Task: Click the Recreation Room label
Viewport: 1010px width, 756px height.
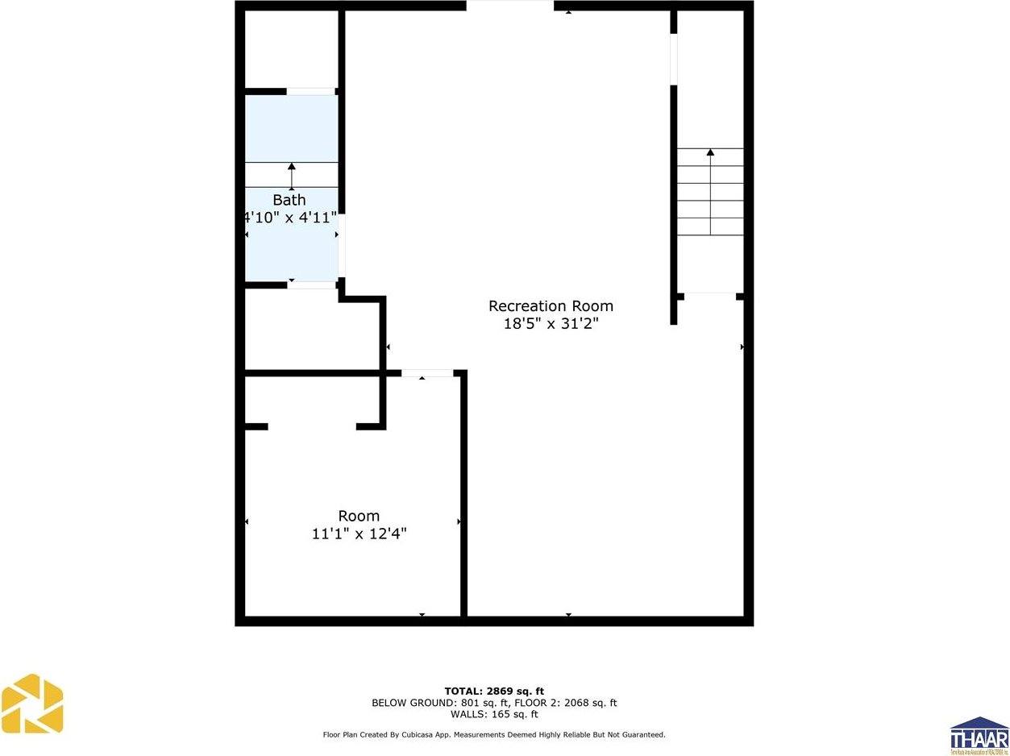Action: pyautogui.click(x=551, y=306)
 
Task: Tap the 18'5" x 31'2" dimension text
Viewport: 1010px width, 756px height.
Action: pyautogui.click(x=551, y=324)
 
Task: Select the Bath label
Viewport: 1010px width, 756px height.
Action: pyautogui.click(x=289, y=200)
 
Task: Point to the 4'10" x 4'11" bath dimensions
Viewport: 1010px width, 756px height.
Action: pyautogui.click(x=290, y=217)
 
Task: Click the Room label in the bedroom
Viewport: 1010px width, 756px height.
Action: pyautogui.click(x=359, y=516)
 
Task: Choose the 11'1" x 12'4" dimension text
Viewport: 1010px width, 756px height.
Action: pyautogui.click(x=359, y=534)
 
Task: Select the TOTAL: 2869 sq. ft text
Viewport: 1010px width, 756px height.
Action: pyautogui.click(x=494, y=691)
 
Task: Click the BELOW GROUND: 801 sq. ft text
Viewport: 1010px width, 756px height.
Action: pyautogui.click(x=429, y=703)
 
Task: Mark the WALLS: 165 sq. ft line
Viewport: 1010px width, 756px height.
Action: pyautogui.click(x=494, y=714)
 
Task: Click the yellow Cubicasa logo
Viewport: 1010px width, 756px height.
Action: pyautogui.click(x=32, y=704)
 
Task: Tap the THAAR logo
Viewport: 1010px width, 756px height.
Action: pyautogui.click(x=979, y=735)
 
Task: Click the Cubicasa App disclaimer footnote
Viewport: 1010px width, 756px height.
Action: pyautogui.click(x=494, y=734)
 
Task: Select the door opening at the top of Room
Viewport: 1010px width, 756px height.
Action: pyautogui.click(x=427, y=373)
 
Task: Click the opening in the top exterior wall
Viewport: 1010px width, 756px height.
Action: pyautogui.click(x=509, y=6)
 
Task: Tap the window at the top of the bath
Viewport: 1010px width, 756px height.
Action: pyautogui.click(x=311, y=91)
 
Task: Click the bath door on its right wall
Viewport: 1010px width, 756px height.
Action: pyautogui.click(x=342, y=245)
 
